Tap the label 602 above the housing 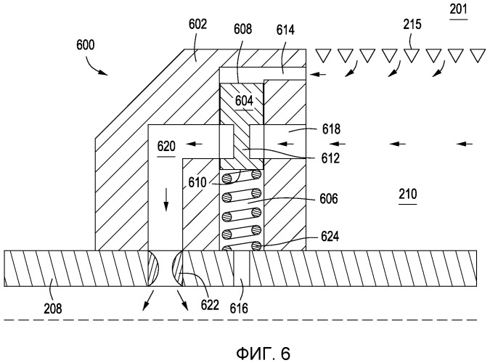197,23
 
